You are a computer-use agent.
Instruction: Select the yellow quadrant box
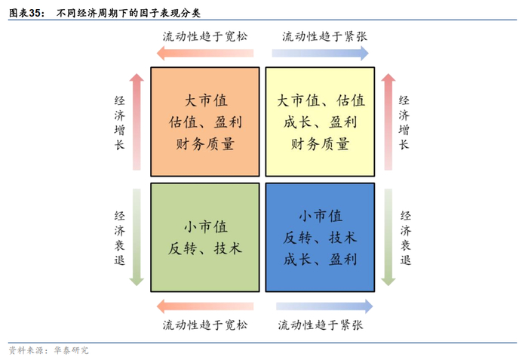coord(320,122)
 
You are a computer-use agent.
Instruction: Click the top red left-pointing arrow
coord(204,53)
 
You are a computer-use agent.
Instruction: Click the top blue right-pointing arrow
coord(320,53)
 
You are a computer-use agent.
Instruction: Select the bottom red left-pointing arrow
coord(204,306)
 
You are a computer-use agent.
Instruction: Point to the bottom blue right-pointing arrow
coord(324,306)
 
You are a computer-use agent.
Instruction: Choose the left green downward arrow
coord(136,237)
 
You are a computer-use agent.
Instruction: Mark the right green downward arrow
coord(388,237)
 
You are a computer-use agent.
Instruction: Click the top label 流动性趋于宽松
coord(204,35)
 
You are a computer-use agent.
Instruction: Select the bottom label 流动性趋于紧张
coord(321,325)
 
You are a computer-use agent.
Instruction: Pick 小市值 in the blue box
coord(320,217)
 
